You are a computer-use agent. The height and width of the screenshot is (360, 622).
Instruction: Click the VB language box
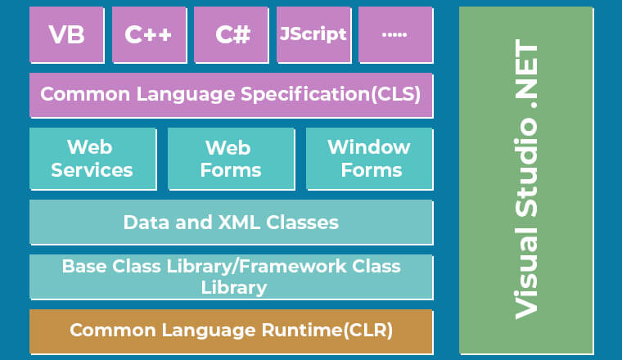coord(66,34)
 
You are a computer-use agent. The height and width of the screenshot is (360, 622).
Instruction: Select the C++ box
coord(149,34)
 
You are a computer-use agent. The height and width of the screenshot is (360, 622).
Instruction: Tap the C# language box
coord(232,34)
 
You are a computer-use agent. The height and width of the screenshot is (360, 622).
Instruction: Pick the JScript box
coord(313,34)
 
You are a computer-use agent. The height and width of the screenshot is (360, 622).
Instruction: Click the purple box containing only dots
coord(396,34)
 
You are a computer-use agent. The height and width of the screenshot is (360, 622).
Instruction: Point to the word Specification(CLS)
coord(331,94)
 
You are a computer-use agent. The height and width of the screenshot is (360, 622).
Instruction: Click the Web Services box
coord(92,159)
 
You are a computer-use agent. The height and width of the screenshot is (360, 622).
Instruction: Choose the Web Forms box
coord(232,159)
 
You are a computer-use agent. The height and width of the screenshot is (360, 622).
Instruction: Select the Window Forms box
coord(370,159)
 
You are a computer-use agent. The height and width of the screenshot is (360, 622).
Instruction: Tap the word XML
coord(240,223)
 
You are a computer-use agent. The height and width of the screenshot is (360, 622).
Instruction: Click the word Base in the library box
coord(84,267)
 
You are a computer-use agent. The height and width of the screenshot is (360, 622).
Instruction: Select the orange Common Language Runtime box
coord(232,331)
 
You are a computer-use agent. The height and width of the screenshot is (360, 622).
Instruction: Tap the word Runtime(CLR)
coord(327,331)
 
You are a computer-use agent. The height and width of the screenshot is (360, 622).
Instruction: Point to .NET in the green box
coord(526,74)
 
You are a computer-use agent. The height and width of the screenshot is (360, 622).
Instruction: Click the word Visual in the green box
coord(526,273)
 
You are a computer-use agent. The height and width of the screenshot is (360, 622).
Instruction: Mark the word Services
coord(92,170)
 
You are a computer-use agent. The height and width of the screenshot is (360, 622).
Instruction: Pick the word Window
coord(369,147)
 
